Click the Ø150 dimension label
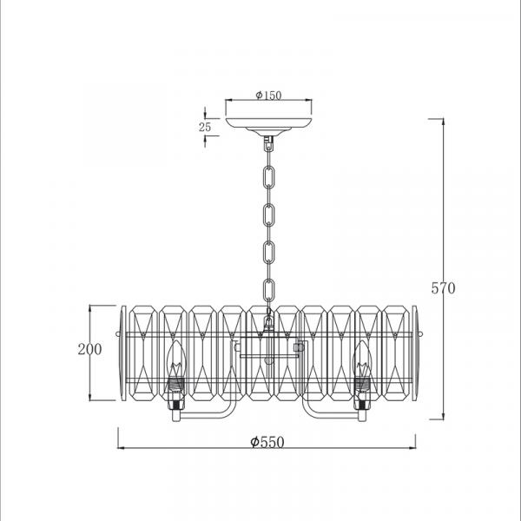[x=268, y=96]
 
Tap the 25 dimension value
[x=205, y=127]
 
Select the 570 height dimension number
[x=443, y=288]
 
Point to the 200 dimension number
[x=89, y=349]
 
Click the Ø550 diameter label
[x=267, y=442]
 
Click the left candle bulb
[x=175, y=359]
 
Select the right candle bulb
[x=362, y=359]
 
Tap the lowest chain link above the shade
[x=269, y=290]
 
